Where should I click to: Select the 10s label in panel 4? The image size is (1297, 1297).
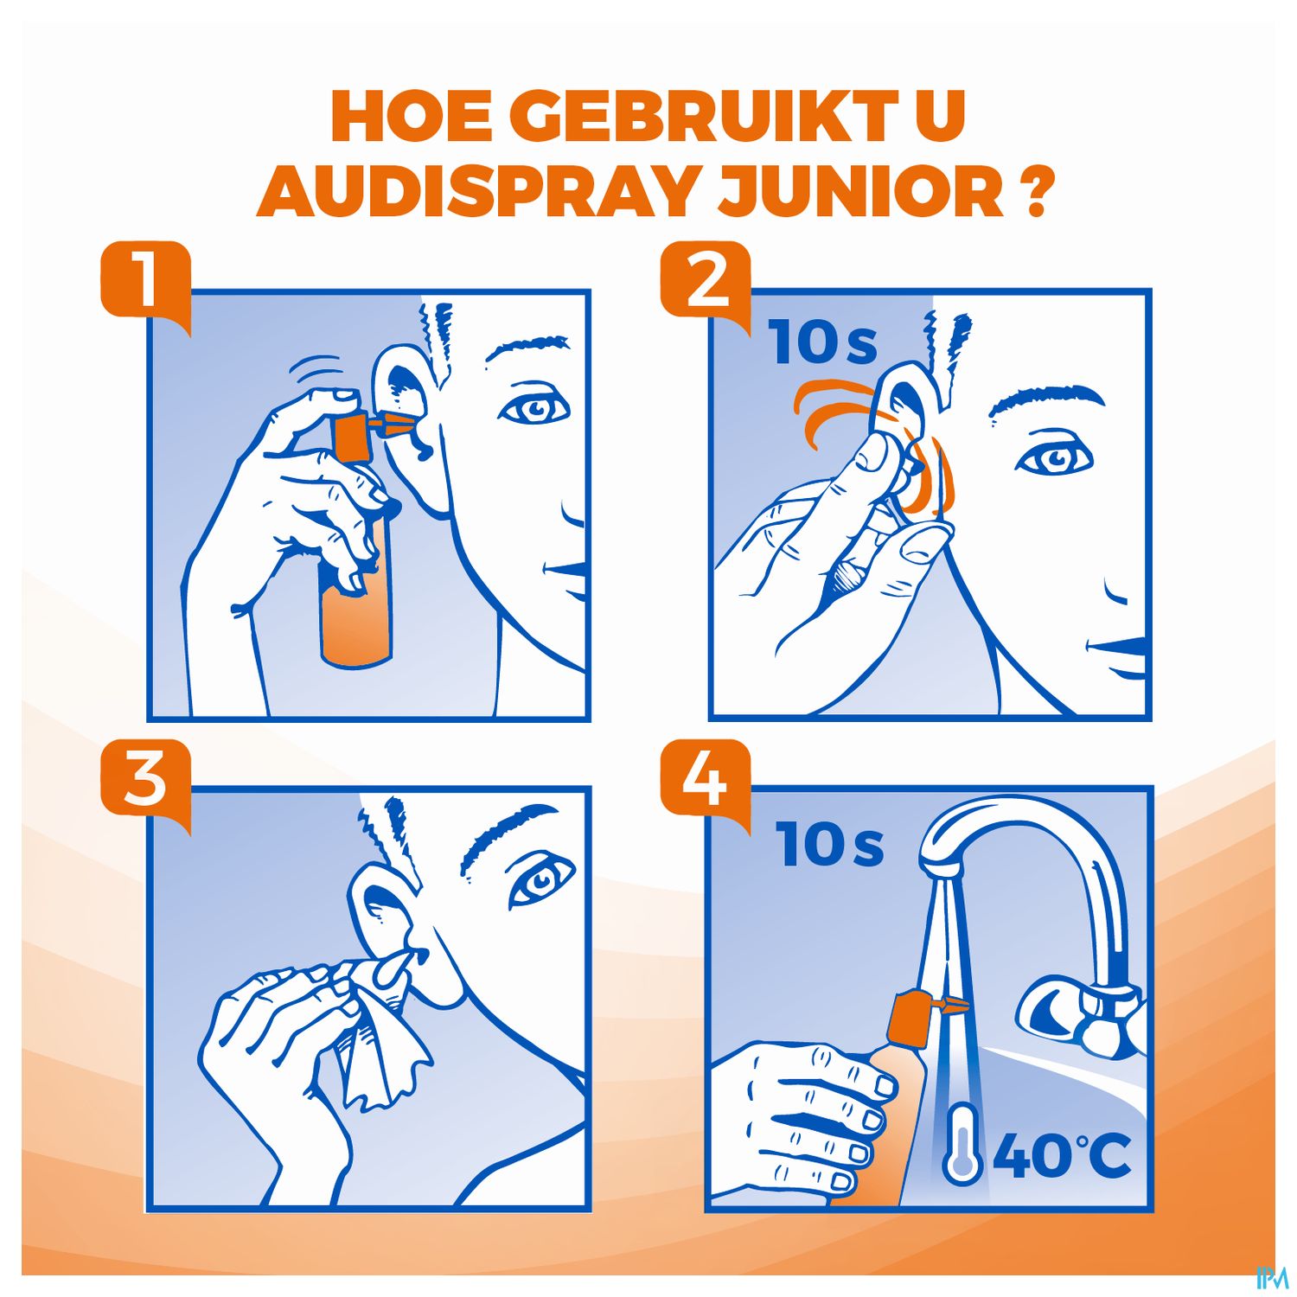click(x=829, y=844)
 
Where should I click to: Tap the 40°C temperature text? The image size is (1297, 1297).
click(x=1062, y=1156)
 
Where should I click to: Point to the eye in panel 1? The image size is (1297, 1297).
click(x=534, y=407)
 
